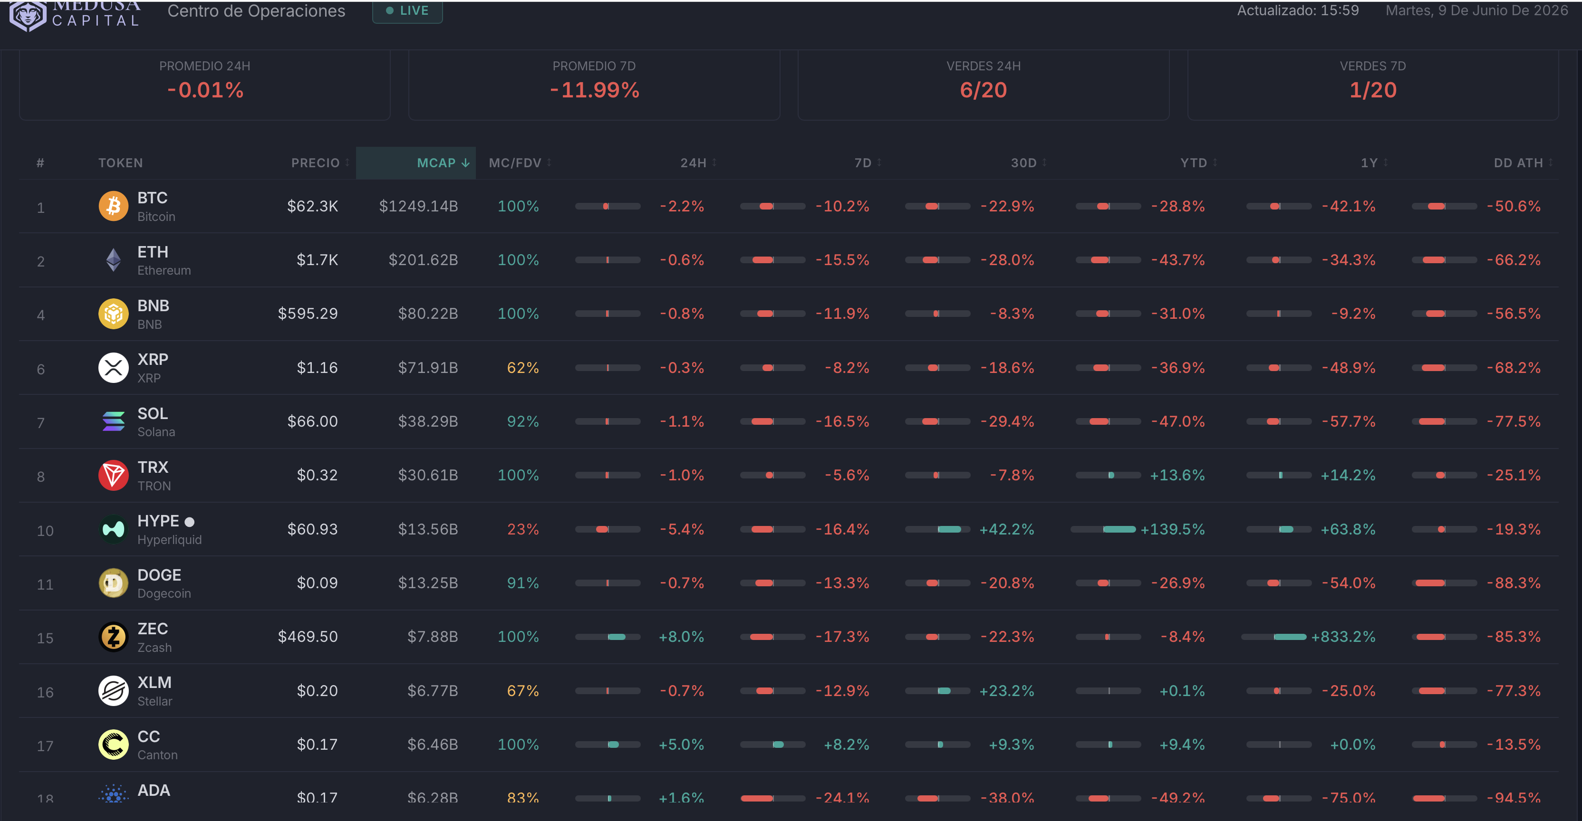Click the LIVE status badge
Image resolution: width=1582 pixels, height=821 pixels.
coord(407,11)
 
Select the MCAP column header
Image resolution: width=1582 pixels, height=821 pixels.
coord(443,162)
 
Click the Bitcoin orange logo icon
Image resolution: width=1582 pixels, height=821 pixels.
coord(114,206)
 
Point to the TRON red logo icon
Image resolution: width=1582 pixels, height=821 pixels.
coord(114,476)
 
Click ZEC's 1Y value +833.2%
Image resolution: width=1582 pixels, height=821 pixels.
coord(1343,637)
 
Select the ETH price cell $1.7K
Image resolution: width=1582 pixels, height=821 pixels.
coord(318,260)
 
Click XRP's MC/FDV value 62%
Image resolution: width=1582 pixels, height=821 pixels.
coord(522,368)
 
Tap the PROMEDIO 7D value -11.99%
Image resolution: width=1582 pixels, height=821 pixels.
coord(595,90)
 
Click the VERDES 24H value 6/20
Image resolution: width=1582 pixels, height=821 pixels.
coord(983,90)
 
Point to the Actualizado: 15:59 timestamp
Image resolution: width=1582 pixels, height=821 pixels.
coord(1298,10)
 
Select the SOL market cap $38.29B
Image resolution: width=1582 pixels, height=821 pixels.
coord(428,421)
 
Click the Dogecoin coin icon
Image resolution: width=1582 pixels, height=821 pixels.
coord(114,583)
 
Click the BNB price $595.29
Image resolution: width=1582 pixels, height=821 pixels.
coord(308,314)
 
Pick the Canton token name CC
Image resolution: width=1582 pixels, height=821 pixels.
coord(149,736)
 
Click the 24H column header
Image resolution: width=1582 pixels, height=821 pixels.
coord(694,162)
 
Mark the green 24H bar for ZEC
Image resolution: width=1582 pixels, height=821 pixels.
coord(617,637)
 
